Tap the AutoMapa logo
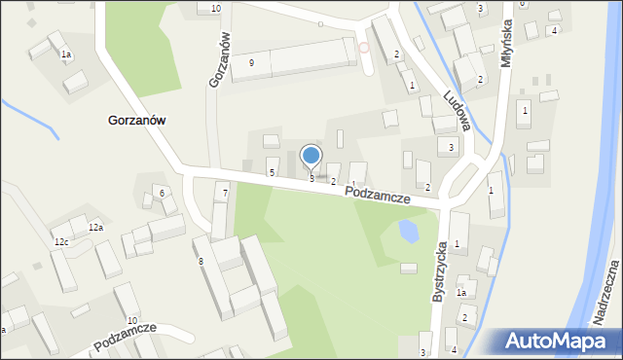(561, 341)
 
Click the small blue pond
(408, 232)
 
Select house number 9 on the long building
(252, 62)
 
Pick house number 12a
(95, 227)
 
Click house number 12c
(61, 241)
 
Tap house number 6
(162, 194)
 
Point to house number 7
(225, 194)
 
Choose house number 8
(202, 262)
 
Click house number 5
(272, 172)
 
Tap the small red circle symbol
(364, 47)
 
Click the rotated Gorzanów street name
(220, 59)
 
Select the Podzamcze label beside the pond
(377, 195)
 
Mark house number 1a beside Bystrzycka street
(462, 292)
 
